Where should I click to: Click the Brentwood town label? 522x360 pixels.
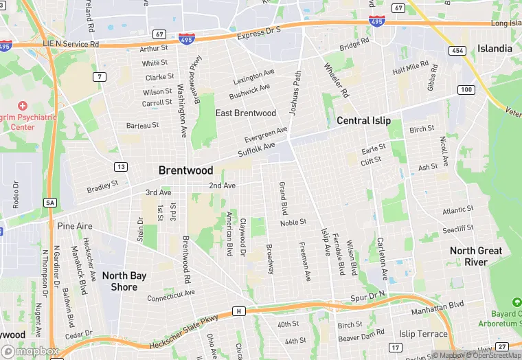point(185,170)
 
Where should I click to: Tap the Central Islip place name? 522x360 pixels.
point(363,121)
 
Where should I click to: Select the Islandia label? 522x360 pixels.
point(495,49)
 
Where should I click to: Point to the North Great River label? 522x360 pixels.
point(476,256)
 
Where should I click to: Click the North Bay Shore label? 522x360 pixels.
point(124,281)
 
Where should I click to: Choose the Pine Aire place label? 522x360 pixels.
point(75,225)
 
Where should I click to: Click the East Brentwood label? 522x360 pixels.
point(246,113)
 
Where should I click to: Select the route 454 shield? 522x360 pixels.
point(457,51)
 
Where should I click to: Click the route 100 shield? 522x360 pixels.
point(466,90)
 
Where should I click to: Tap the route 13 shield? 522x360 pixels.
point(121,167)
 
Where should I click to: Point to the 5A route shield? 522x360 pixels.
point(49,203)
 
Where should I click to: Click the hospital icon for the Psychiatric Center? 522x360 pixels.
point(23,106)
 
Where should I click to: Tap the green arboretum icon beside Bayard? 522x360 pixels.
point(517,302)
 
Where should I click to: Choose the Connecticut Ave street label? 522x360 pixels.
point(171,295)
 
